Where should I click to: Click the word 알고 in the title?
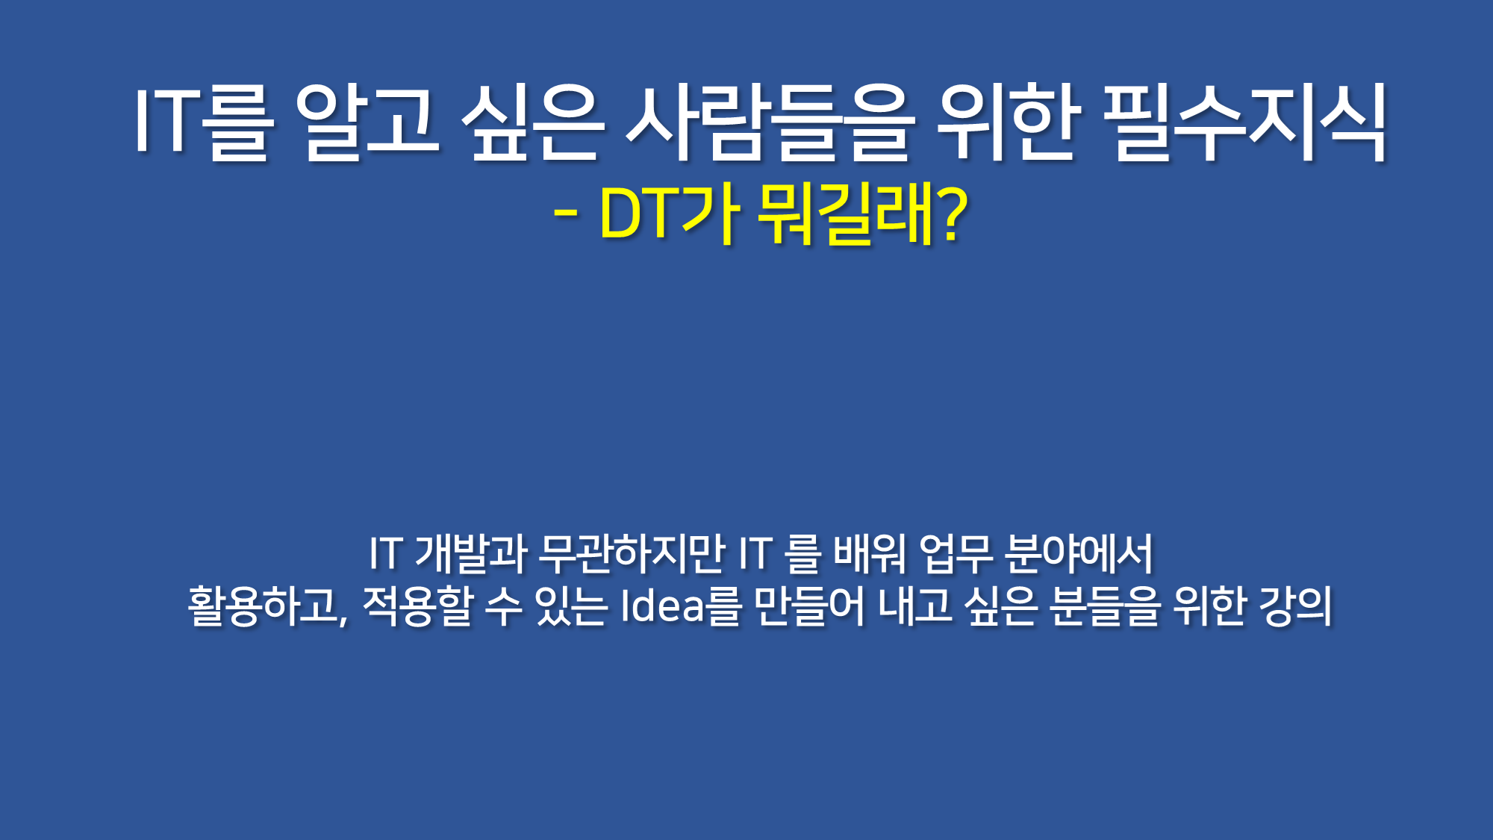click(x=367, y=122)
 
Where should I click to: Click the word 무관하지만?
click(x=632, y=554)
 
